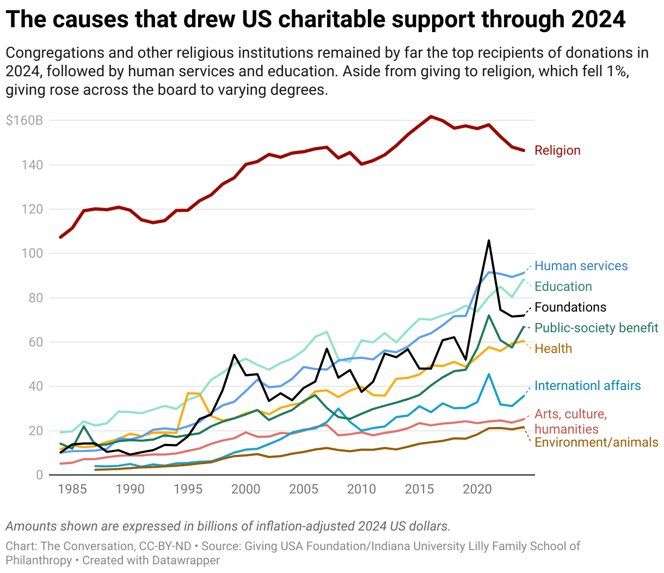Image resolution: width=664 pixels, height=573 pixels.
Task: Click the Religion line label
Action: point(557,150)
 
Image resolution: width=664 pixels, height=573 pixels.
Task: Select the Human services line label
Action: point(581,266)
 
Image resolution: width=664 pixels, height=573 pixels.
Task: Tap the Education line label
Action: point(563,286)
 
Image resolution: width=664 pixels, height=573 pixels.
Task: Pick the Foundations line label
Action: point(570,307)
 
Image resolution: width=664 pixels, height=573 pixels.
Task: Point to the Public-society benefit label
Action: point(596,328)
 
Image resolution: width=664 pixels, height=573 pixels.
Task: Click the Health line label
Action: point(553,349)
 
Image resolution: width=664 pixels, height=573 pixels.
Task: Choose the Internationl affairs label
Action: point(587,386)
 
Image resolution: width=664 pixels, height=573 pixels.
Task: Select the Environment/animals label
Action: point(596,442)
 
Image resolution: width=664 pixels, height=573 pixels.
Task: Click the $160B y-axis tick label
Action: point(24,120)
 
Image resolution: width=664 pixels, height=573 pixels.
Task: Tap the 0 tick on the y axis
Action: point(39,475)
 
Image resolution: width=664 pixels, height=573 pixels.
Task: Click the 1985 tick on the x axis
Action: point(72,489)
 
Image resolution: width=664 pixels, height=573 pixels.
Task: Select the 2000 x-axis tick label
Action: point(245,489)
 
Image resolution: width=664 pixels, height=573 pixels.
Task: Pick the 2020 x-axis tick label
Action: point(477,489)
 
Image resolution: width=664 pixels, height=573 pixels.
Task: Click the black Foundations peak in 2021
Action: point(489,240)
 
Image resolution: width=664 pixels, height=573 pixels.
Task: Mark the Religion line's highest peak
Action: point(431,117)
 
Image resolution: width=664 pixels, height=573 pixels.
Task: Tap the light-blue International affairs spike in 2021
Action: point(489,374)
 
